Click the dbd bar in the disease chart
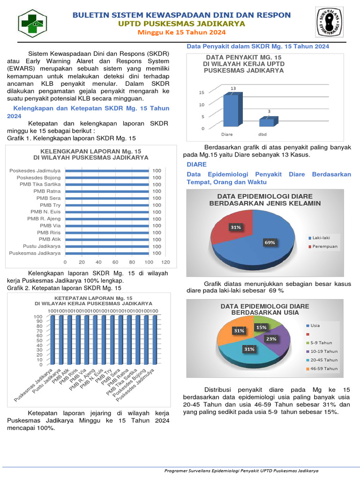click(x=267, y=121)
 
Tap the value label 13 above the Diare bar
click(x=233, y=88)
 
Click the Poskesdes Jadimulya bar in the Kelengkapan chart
click(x=107, y=171)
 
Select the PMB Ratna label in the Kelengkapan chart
click(x=47, y=191)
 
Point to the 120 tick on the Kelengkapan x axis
click(x=165, y=262)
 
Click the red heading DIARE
click(x=196, y=165)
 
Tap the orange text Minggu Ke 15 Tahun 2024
click(x=181, y=32)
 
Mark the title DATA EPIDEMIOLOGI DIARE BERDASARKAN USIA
click(x=265, y=309)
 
